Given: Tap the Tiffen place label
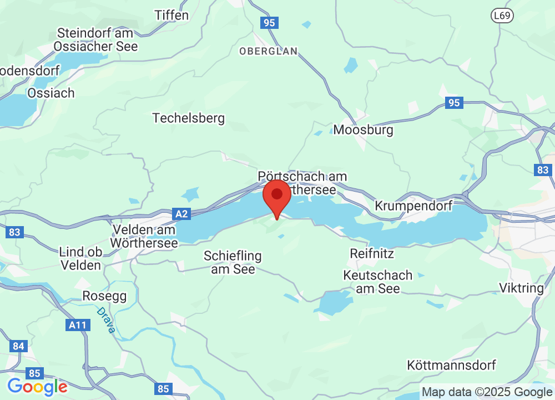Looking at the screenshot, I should pos(171,15).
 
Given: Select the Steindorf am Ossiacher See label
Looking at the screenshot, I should pos(97,39).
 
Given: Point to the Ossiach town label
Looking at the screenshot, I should pos(51,93).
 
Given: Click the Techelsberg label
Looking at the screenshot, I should pos(189,118).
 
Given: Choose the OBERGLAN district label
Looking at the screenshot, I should pos(269,51).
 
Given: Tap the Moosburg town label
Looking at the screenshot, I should pos(363,130).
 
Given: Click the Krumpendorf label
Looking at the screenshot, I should pos(414,206).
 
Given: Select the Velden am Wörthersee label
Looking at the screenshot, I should pos(144,236).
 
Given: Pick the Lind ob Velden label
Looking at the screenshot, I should pos(81,258).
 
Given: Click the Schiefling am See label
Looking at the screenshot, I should pos(233,262).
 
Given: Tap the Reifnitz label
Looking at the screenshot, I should pos(372,253).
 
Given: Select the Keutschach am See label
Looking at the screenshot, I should pos(378,282).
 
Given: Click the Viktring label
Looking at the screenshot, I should pos(522,288).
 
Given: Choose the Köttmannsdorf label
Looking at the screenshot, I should pos(451,365).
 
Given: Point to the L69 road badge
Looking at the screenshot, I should pos(502,17).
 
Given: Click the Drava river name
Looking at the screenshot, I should pos(105,321).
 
